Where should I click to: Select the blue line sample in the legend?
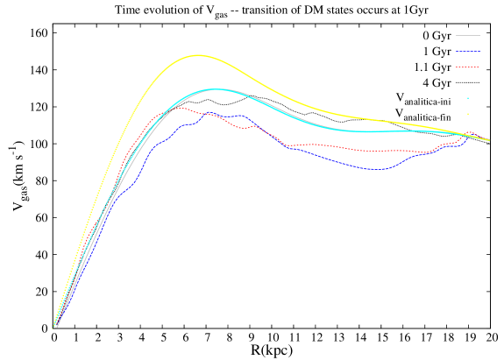tap(467, 52)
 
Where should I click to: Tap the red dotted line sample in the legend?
tap(467, 67)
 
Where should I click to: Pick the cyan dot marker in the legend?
tap(468, 98)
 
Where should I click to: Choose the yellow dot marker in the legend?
tap(468, 114)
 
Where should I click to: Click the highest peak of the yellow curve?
tap(197, 55)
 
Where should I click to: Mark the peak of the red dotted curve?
tap(180, 108)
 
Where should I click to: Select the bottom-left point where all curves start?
tap(54, 327)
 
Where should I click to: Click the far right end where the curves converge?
tap(487, 139)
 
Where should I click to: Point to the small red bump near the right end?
tap(470, 133)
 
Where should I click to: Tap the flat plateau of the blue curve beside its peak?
tap(232, 116)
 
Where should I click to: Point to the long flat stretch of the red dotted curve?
tap(386, 151)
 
